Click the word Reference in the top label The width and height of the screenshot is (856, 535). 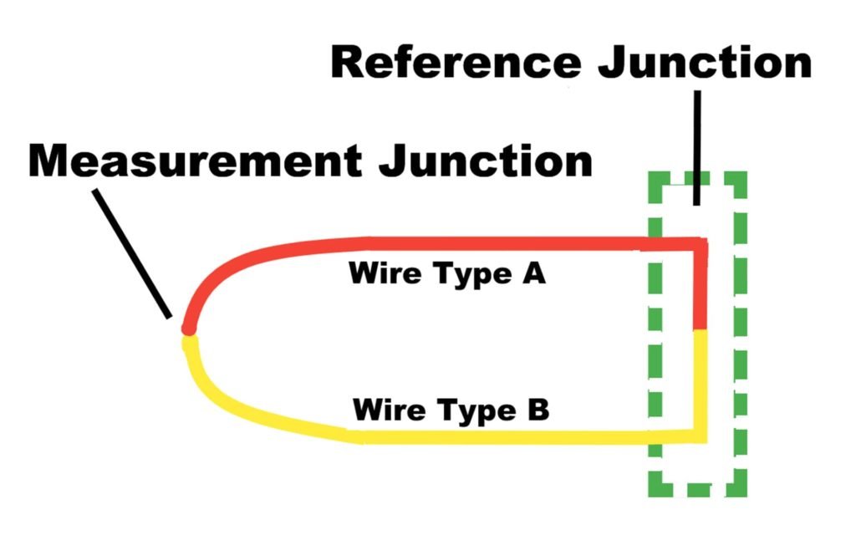coord(456,64)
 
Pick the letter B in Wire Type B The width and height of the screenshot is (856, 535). coord(538,410)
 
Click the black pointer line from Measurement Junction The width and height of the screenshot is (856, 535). coord(134,254)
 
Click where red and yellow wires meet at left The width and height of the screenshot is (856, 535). coord(188,333)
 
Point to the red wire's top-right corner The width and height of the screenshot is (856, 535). coord(701,244)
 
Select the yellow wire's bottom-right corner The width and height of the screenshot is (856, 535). coord(701,436)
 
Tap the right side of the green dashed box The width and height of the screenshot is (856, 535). coord(739,334)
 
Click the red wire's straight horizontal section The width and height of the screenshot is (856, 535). coord(502,244)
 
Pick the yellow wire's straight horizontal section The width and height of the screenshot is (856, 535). coord(502,436)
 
